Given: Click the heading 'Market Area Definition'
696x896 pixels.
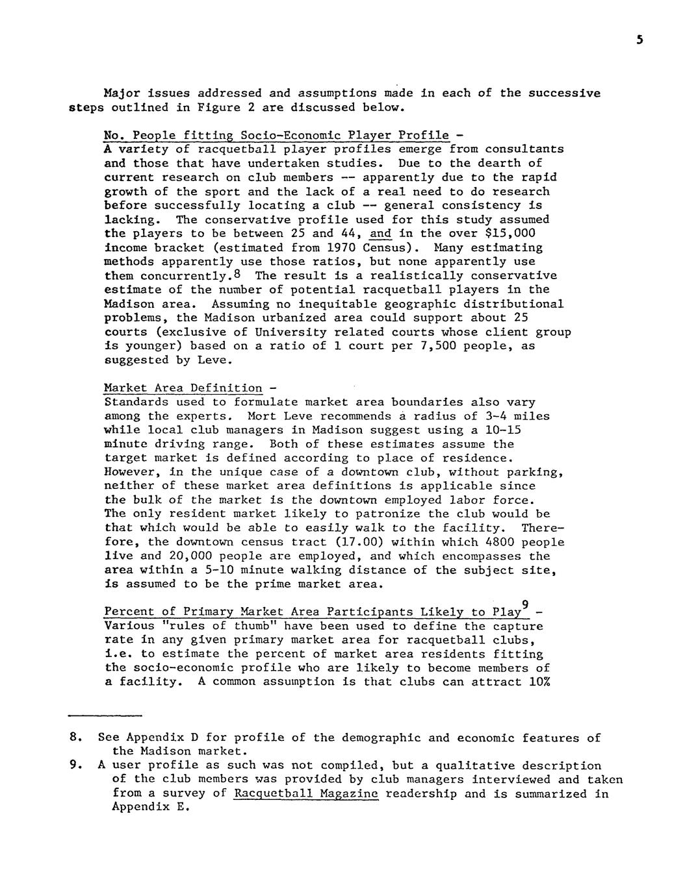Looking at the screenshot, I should pyautogui.click(x=183, y=388).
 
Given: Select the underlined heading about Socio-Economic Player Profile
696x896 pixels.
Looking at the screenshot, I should pyautogui.click(x=276, y=135).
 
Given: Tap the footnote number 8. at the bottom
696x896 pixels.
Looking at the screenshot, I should pyautogui.click(x=75, y=738).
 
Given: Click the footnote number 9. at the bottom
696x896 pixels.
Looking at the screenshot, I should pyautogui.click(x=75, y=765).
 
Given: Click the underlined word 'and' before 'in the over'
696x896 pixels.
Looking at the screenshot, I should pyautogui.click(x=380, y=233).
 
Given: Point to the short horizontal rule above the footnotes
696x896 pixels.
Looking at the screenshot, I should pyautogui.click(x=105, y=716).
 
